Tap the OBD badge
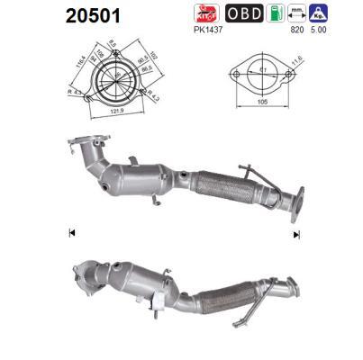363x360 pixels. tap(243, 13)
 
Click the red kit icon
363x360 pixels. tap(207, 13)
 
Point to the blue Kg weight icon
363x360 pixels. tap(319, 13)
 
